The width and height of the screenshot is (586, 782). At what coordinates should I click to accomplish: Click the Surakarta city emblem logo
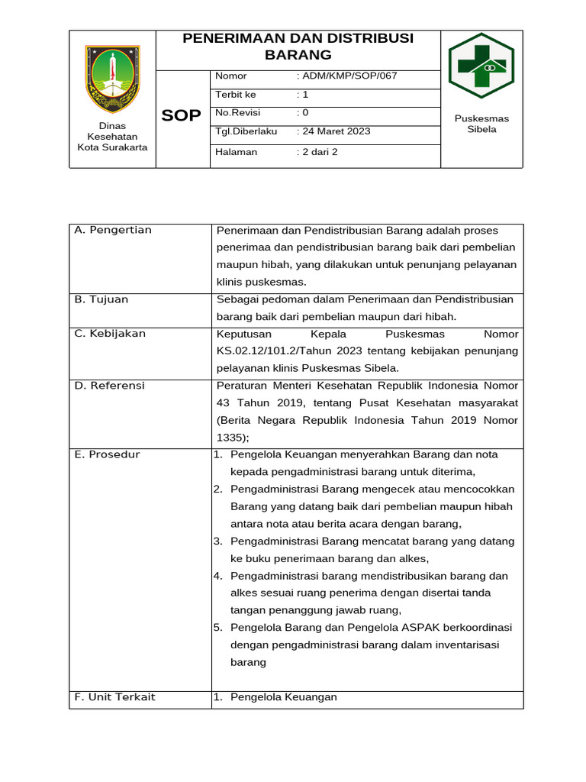pyautogui.click(x=112, y=79)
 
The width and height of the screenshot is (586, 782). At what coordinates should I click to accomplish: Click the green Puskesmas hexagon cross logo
pyautogui.click(x=481, y=66)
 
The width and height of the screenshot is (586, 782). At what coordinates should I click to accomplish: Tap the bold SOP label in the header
pyautogui.click(x=182, y=116)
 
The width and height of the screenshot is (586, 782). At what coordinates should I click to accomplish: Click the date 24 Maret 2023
pyautogui.click(x=336, y=131)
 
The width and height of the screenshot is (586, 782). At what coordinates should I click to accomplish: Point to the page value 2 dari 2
pyautogui.click(x=320, y=152)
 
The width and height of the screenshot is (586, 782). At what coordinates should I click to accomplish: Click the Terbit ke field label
pyautogui.click(x=236, y=95)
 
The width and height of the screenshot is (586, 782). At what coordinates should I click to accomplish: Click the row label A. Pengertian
pyautogui.click(x=113, y=230)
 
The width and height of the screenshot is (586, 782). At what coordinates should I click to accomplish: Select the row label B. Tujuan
pyautogui.click(x=101, y=299)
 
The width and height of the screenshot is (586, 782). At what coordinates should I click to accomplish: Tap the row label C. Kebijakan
pyautogui.click(x=110, y=334)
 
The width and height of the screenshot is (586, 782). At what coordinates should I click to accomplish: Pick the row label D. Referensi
pyautogui.click(x=109, y=386)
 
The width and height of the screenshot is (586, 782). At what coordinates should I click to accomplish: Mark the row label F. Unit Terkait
pyautogui.click(x=114, y=697)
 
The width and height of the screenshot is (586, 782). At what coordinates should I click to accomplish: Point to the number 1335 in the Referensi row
pyautogui.click(x=230, y=438)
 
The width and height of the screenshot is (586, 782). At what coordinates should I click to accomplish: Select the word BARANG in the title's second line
pyautogui.click(x=298, y=55)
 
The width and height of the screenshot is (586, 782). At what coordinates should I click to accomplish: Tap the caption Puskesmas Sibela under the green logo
pyautogui.click(x=481, y=124)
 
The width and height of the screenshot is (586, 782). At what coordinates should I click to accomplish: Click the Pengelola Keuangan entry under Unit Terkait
pyautogui.click(x=283, y=697)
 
